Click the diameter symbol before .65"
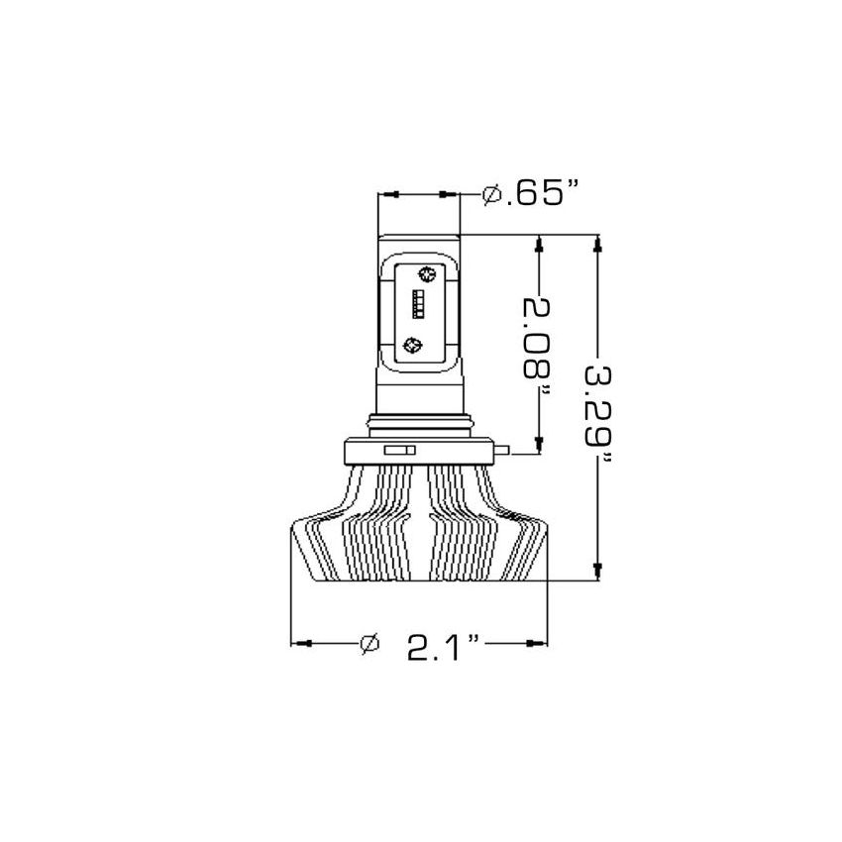(490, 194)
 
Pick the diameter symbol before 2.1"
(369, 644)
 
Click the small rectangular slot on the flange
(397, 451)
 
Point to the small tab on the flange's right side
(505, 454)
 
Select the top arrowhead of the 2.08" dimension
(538, 244)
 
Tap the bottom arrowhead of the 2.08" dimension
(538, 446)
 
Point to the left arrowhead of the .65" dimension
(386, 194)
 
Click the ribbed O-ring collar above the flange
(419, 423)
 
